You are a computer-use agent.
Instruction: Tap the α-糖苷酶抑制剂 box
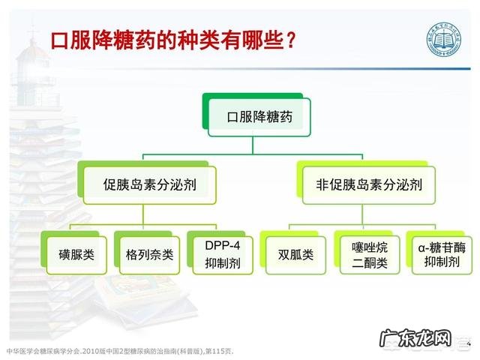pyautogui.click(x=439, y=254)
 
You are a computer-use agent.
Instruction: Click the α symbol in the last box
pyautogui.click(x=421, y=246)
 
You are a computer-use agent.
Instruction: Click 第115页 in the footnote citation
pyautogui.click(x=221, y=351)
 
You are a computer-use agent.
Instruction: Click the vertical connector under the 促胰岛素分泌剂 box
pyautogui.click(x=149, y=214)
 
